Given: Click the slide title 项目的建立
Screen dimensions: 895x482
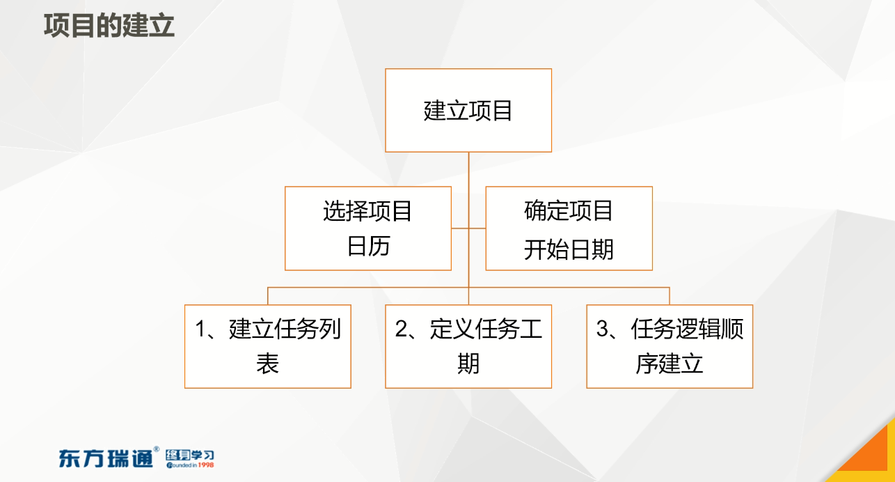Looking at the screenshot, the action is point(109,26).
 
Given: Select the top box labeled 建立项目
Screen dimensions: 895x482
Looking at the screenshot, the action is point(468,110).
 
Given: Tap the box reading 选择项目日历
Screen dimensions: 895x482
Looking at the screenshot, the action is point(368,228).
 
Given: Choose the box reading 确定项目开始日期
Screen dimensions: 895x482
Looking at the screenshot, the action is point(569,228).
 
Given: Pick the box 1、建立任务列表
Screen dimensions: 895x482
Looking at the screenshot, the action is point(268,346).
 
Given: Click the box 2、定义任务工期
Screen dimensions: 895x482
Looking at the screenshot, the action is point(468,346).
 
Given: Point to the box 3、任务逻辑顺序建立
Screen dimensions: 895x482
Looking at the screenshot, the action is point(670,346).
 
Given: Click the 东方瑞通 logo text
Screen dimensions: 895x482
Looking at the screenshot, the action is point(106,458).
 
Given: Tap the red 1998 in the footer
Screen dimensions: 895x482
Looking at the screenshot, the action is point(206,465).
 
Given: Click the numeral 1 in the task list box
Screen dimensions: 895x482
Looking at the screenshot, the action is point(200,329).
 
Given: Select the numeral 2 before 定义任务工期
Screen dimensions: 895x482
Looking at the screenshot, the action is point(401,329).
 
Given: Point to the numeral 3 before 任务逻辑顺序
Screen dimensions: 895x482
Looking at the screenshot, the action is point(602,329).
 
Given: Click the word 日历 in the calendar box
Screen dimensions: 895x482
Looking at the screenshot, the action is point(368,246).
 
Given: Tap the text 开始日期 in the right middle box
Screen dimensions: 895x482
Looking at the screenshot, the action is point(569,249).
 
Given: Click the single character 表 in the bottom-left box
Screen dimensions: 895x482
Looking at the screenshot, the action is point(267,364).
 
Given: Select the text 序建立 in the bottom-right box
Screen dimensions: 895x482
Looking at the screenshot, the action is point(670,364).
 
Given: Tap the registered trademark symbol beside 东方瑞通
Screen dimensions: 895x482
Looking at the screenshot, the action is point(156,449).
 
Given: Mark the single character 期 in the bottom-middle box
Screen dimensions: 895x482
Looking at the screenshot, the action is point(468,364).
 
